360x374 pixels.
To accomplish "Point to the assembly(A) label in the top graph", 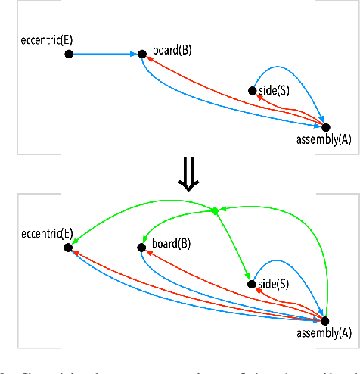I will point(323,140).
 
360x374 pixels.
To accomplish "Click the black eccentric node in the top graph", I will point(69,55).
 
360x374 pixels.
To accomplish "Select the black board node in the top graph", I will point(141,55).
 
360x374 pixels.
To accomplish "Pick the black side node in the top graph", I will point(253,91).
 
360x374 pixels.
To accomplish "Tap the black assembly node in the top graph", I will point(326,127).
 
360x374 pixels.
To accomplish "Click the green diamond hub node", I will point(216,210).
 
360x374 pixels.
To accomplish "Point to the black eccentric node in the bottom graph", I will point(69,247).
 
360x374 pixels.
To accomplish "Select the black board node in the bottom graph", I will point(141,247).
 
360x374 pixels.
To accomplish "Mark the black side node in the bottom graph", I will point(253,284).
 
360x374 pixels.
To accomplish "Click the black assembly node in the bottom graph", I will point(326,320).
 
